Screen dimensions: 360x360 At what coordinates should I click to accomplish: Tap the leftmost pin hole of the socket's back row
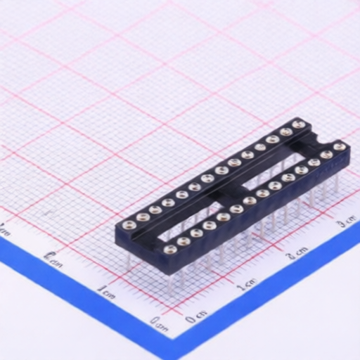129,225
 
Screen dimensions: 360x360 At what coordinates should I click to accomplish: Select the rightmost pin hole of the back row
300,124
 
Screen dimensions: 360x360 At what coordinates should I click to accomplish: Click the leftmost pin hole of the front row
169,248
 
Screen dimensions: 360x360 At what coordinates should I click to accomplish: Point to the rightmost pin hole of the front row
340,147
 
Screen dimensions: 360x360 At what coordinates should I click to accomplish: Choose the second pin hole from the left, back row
142,217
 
